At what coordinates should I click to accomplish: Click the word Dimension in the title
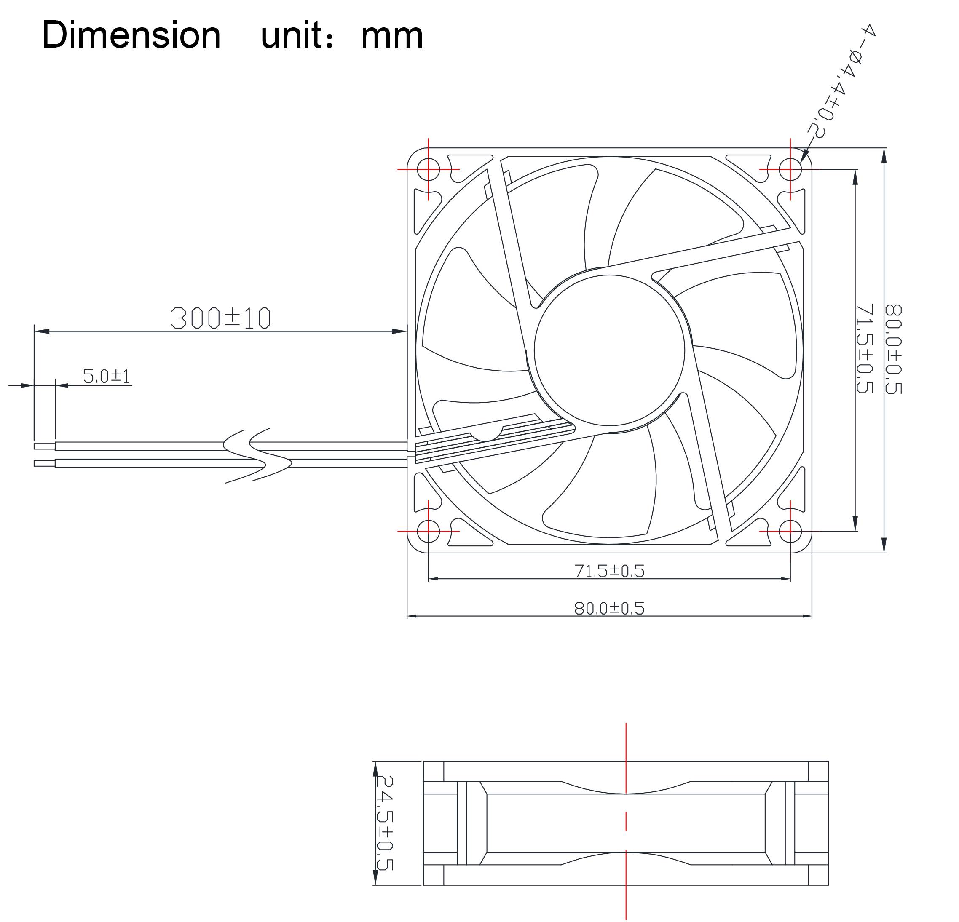(x=131, y=35)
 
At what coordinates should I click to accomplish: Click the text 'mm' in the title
(x=391, y=36)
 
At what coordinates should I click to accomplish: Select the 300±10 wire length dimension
(x=220, y=318)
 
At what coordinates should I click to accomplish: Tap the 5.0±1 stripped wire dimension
(x=106, y=376)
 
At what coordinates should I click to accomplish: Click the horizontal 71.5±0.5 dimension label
(x=609, y=571)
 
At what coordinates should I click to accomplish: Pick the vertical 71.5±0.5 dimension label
(x=865, y=348)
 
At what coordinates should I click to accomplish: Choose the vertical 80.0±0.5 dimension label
(x=893, y=348)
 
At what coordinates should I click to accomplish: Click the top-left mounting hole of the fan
(x=429, y=169)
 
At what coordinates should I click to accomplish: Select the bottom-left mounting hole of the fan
(x=429, y=531)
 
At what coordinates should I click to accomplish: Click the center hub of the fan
(x=609, y=350)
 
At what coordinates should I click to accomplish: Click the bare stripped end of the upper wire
(x=44, y=446)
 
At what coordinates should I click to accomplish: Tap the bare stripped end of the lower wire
(x=44, y=463)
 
